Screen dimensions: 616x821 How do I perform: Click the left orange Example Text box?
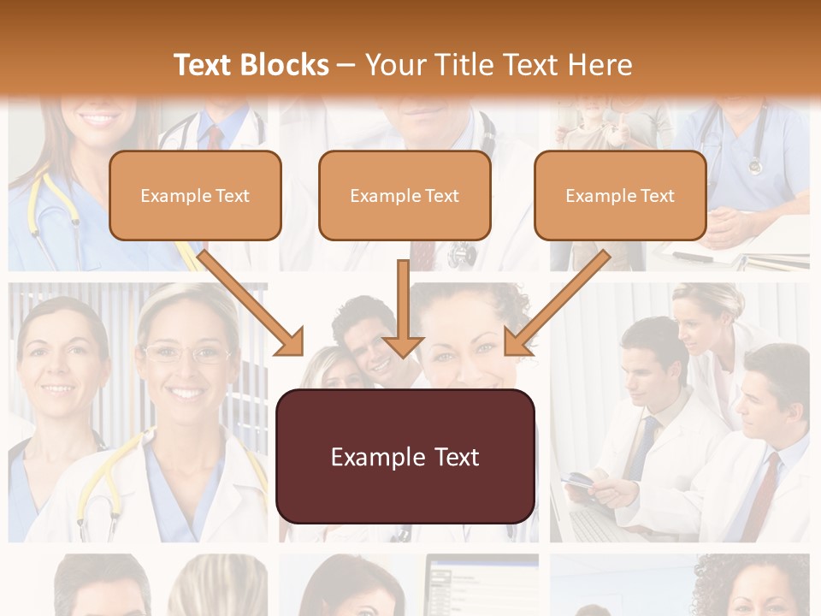[195, 196]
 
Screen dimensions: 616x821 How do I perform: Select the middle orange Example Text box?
[405, 196]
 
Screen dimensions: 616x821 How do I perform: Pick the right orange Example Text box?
[620, 196]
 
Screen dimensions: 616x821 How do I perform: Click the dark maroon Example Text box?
[405, 457]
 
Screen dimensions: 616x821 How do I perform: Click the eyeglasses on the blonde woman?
[186, 353]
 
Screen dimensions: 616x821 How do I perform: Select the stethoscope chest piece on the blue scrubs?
[755, 166]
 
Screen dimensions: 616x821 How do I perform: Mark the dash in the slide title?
[346, 65]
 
